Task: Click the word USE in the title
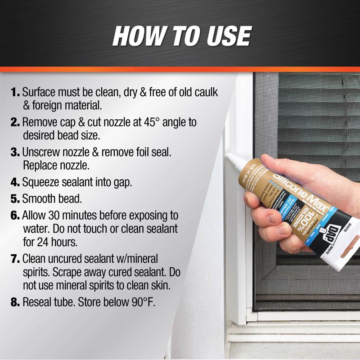pyautogui.click(x=224, y=36)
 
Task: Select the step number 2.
pyautogui.click(x=16, y=122)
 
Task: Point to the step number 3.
pyautogui.click(x=16, y=152)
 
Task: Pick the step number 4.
pyautogui.click(x=16, y=182)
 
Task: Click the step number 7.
pyautogui.click(x=16, y=259)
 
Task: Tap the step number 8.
pyautogui.click(x=16, y=302)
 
